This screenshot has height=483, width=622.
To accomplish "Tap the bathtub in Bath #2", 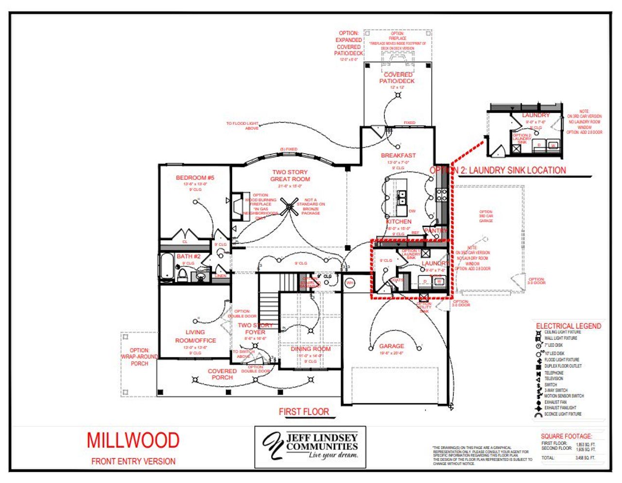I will coord(167,266).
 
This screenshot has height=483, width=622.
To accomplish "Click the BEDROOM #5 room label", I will coord(195,178).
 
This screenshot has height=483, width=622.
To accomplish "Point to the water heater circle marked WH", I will coord(349,283).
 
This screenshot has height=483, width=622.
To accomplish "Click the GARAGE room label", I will coord(392,346).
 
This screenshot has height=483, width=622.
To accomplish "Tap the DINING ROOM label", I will coord(311,349).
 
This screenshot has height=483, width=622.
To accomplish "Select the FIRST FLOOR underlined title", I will coord(304,412).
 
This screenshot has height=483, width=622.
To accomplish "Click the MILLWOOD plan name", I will coord(133,440).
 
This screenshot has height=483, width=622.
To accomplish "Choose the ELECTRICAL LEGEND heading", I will coord(568,326).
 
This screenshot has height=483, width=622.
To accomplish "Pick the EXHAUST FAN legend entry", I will coord(555,402).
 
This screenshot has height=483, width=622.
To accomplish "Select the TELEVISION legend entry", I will coord(553,378).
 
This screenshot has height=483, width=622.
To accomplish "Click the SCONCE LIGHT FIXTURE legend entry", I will coord(563,414).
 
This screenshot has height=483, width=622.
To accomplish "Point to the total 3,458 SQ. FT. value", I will coord(585,458).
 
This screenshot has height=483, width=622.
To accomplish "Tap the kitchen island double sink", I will coord(402,197).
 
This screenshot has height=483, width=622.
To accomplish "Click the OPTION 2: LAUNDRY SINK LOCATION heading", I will coord(498,170).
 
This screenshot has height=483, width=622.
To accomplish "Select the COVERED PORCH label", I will coord(222,374).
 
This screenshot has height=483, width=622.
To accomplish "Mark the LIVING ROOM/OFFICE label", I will coord(195,336).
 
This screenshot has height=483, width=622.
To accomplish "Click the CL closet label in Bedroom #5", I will coord(185,241).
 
